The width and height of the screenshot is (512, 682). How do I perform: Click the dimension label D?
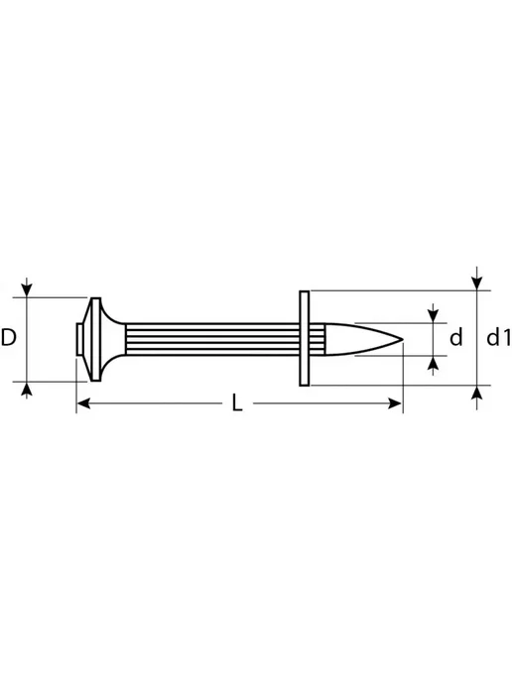(8, 337)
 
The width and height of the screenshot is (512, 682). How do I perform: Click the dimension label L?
(237, 402)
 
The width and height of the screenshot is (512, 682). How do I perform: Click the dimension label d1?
(498, 337)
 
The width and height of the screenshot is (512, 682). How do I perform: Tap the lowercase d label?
(455, 337)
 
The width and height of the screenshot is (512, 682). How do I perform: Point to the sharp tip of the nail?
(402, 339)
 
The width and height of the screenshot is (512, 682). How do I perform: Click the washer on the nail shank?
(305, 338)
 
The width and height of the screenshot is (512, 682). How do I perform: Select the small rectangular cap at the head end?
(78, 339)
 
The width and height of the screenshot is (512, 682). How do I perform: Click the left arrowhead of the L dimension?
(83, 403)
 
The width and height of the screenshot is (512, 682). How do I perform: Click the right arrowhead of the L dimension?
(395, 403)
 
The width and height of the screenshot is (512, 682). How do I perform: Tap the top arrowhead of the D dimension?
(27, 290)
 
